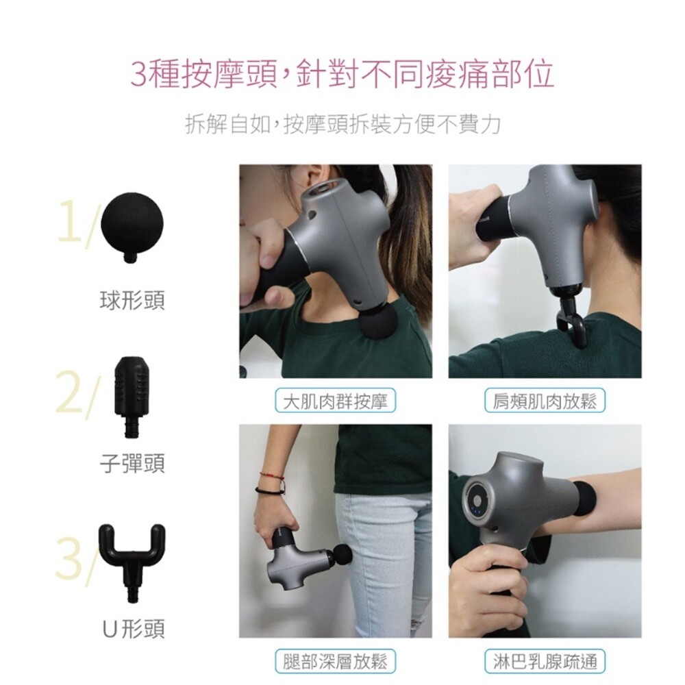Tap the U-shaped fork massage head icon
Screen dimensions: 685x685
point(132,555)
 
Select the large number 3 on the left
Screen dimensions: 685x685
point(69,558)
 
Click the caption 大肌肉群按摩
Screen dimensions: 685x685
point(335,401)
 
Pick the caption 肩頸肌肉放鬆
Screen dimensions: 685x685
point(545,401)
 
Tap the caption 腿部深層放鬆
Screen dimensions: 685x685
point(335,661)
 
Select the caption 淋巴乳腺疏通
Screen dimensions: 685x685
point(545,661)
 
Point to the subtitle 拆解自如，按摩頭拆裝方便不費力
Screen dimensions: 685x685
point(342,125)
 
